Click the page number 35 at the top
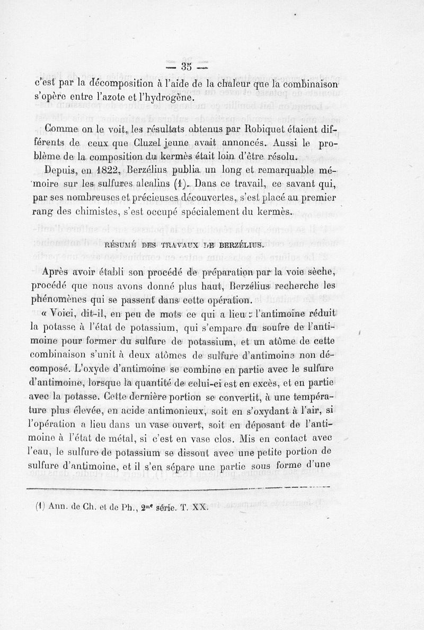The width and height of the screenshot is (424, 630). pos(185,66)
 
